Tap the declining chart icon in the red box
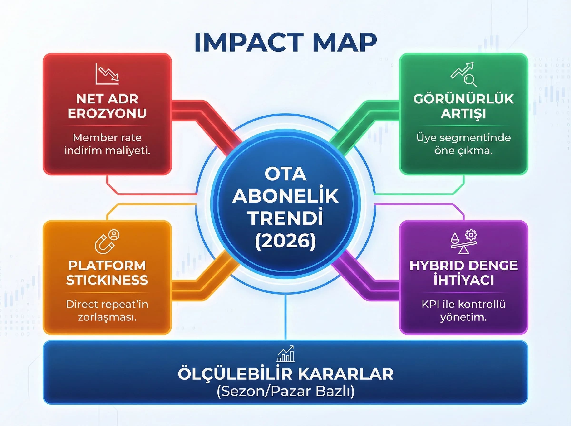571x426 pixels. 107,74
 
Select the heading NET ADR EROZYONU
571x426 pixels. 107,106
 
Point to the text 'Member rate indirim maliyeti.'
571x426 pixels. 107,144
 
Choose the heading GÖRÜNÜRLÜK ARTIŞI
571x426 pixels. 463,106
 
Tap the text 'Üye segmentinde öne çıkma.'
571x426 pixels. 463,144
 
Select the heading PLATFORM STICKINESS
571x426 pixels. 107,273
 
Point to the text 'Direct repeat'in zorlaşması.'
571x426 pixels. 107,311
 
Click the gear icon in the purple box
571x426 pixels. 471,235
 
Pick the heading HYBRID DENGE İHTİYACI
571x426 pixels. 463,273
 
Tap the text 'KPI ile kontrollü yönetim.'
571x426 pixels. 463,311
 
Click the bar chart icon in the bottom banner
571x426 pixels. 285,354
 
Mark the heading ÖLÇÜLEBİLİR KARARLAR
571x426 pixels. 285,374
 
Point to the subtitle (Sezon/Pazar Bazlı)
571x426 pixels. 285,392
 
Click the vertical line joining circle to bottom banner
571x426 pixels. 285,317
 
